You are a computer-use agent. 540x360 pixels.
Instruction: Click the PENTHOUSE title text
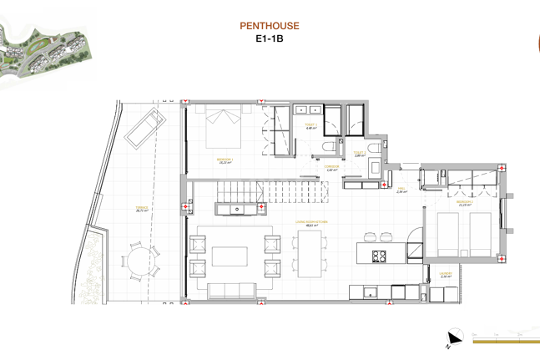[x=269, y=27]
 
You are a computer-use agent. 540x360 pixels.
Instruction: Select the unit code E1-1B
[x=269, y=38]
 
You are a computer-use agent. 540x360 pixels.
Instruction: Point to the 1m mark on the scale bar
[x=497, y=334]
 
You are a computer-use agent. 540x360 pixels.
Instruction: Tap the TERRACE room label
[x=142, y=210]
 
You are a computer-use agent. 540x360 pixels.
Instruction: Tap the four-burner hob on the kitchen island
[x=379, y=256]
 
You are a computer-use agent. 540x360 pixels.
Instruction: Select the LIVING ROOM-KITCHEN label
[x=311, y=222]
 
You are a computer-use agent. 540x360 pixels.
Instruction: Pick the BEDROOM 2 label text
[x=465, y=202]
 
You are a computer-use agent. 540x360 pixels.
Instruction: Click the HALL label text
[x=401, y=190]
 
